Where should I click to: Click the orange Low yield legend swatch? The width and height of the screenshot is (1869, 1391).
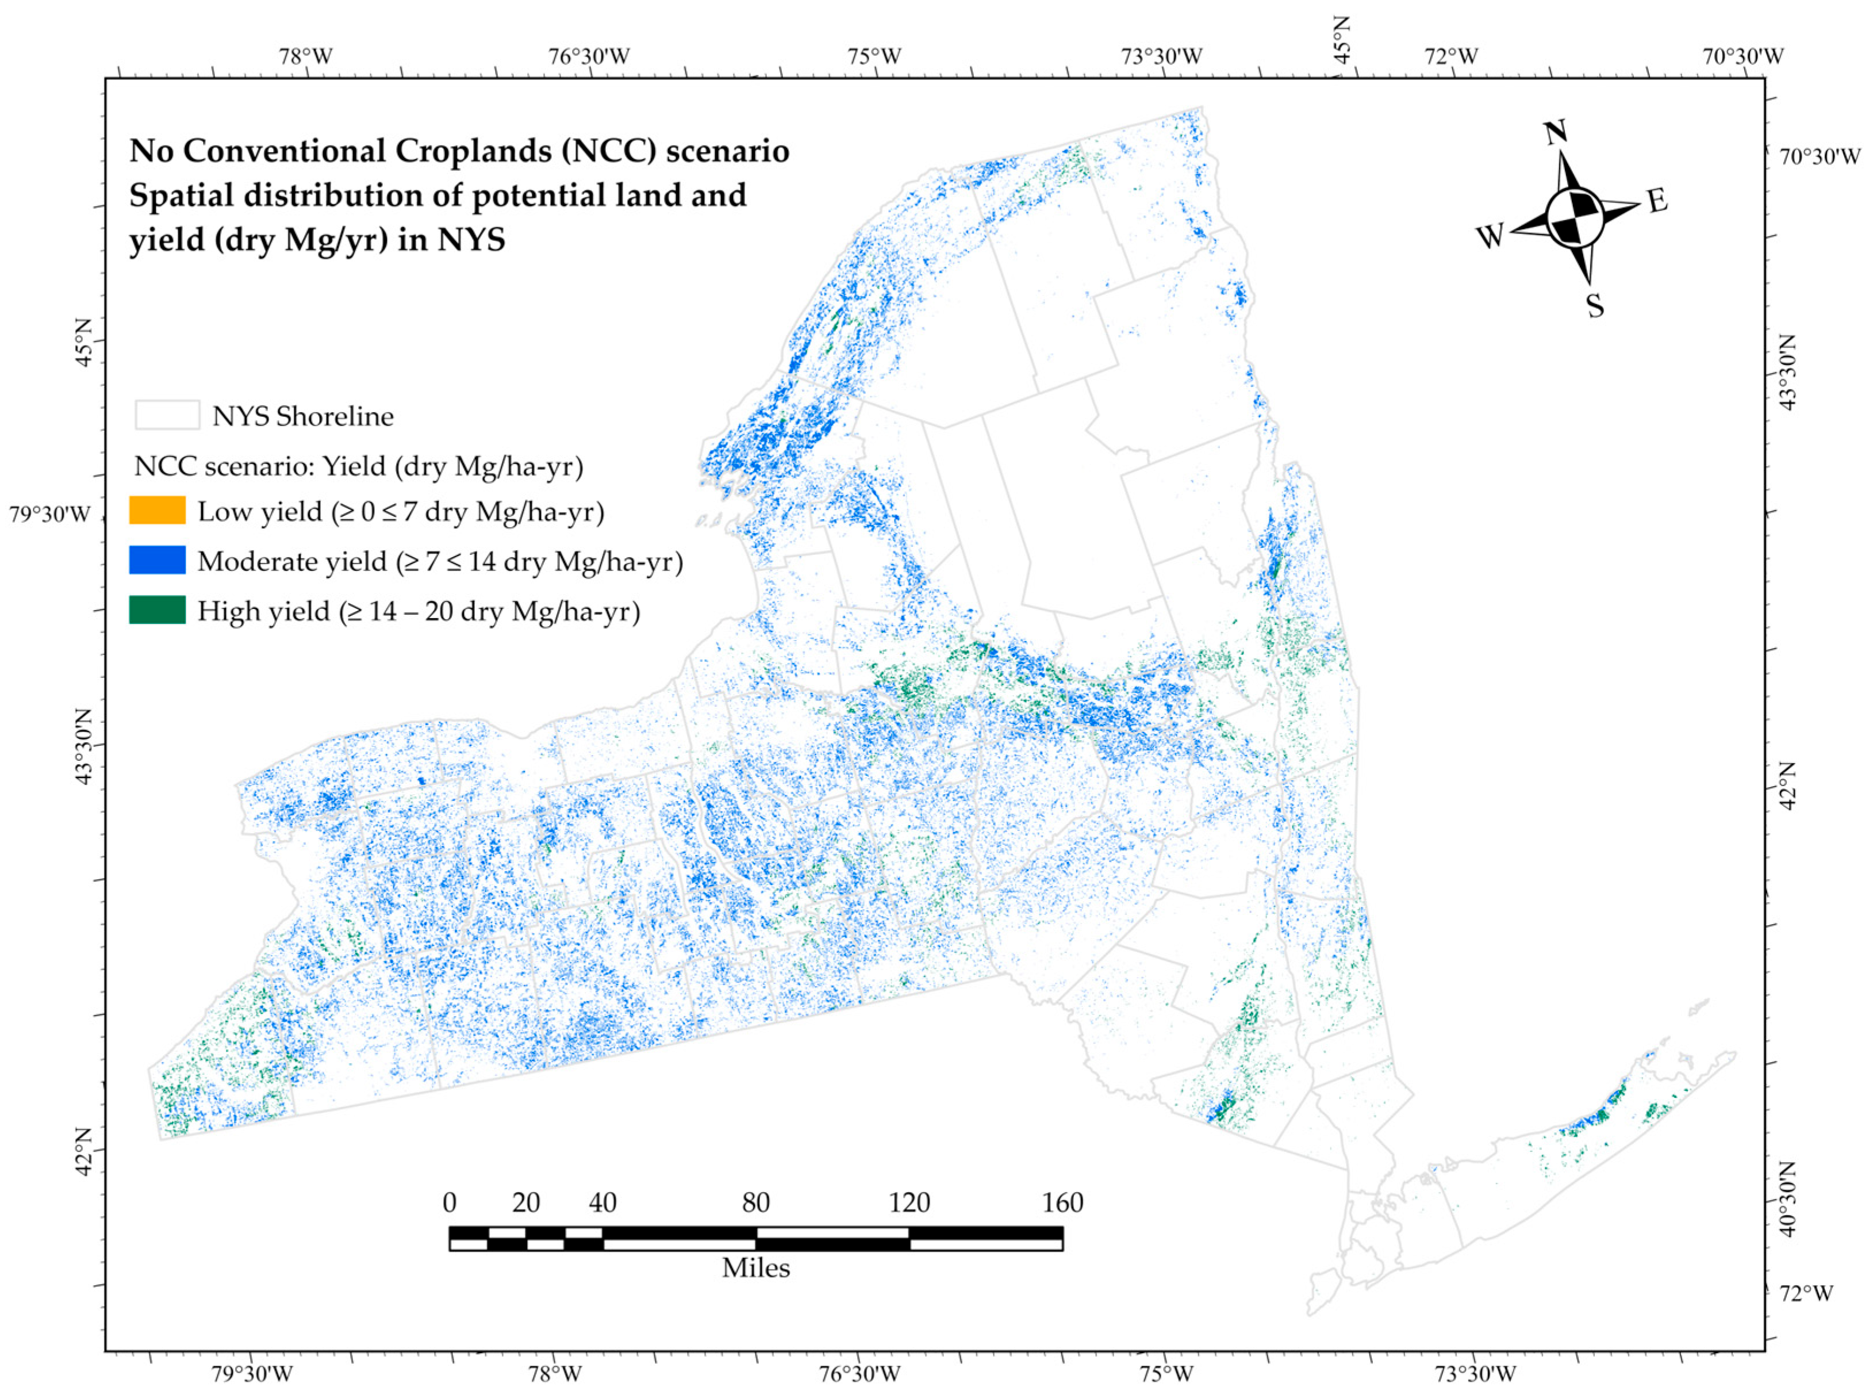[x=156, y=510]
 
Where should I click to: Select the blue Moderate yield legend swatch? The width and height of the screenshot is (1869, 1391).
[x=156, y=560]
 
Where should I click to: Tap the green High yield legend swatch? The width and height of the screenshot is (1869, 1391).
[x=156, y=610]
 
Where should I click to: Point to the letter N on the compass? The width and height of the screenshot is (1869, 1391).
[x=1555, y=133]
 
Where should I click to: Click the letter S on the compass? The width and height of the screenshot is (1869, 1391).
[x=1595, y=305]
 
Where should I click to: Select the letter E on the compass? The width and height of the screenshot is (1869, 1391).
[x=1657, y=200]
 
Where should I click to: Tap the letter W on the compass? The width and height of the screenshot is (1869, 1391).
[x=1490, y=236]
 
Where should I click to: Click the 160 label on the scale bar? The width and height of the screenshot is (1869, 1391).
[x=1062, y=1202]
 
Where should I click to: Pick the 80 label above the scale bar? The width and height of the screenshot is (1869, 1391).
[x=755, y=1202]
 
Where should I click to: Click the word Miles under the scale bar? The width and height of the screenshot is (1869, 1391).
[x=755, y=1267]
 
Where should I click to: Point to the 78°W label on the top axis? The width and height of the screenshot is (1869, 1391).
[x=306, y=56]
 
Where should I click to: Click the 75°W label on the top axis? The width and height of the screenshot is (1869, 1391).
[x=875, y=56]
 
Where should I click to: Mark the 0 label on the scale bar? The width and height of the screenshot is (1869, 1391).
[x=449, y=1202]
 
